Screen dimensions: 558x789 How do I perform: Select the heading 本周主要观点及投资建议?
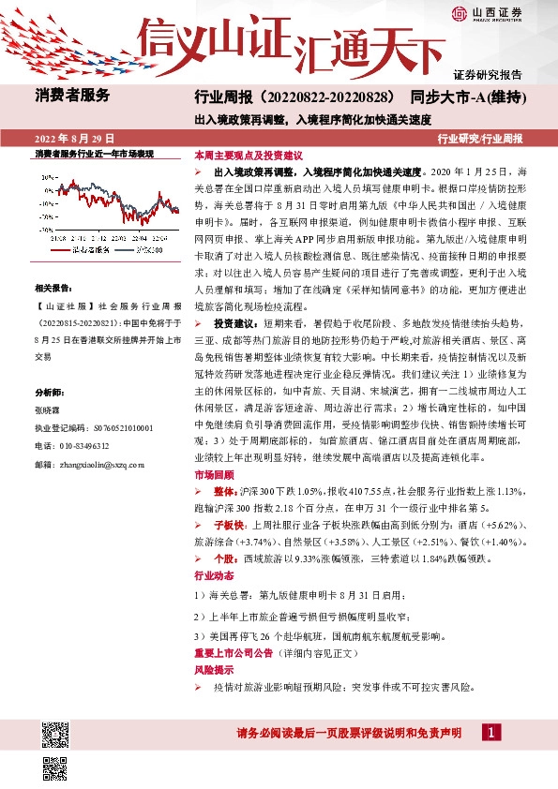(248, 155)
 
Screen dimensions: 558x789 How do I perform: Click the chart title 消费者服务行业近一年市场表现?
(93, 153)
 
